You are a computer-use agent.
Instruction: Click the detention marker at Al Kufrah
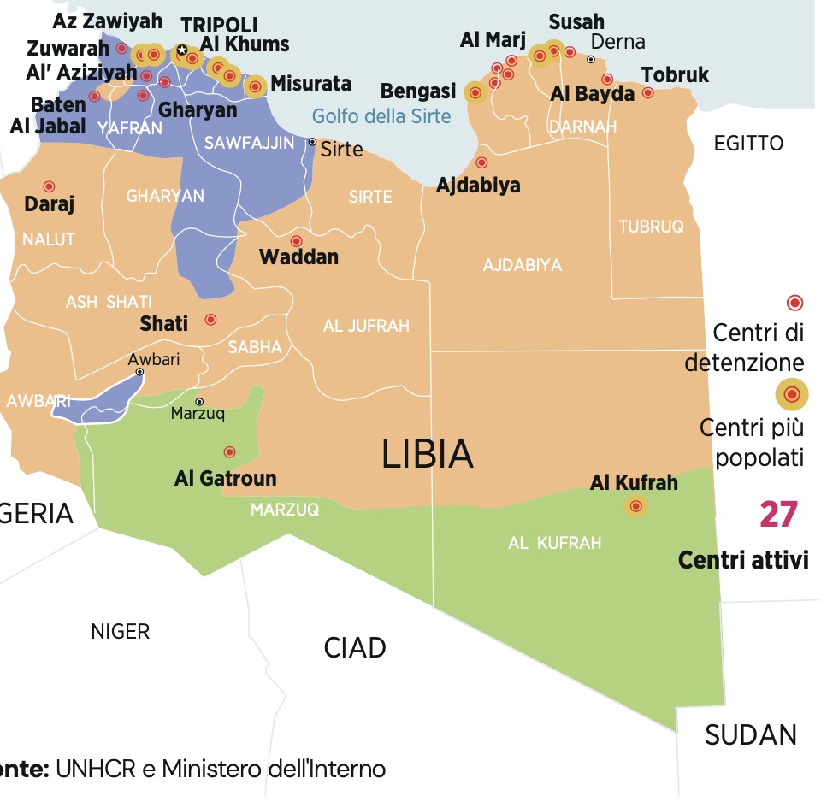point(635,507)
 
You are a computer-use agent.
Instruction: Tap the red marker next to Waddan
point(297,241)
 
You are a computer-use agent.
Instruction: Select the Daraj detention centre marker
point(49,186)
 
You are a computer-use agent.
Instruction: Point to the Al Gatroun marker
point(229,451)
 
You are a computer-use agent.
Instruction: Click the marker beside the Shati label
point(210,320)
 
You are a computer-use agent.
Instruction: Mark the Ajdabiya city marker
point(481,162)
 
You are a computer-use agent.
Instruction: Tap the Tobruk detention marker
point(648,92)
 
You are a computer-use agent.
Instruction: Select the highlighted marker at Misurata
point(255,86)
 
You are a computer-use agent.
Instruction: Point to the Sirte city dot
point(312,142)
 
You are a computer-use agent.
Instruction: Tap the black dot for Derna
point(590,59)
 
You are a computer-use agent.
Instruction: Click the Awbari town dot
point(139,372)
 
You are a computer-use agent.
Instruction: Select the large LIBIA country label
point(428,454)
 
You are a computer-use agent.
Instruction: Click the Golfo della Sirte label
point(381,116)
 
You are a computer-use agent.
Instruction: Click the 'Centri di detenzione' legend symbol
point(794,303)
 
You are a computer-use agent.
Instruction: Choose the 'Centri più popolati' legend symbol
point(792,394)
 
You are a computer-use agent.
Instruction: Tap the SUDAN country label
point(751,734)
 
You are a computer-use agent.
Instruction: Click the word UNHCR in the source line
point(95,769)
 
